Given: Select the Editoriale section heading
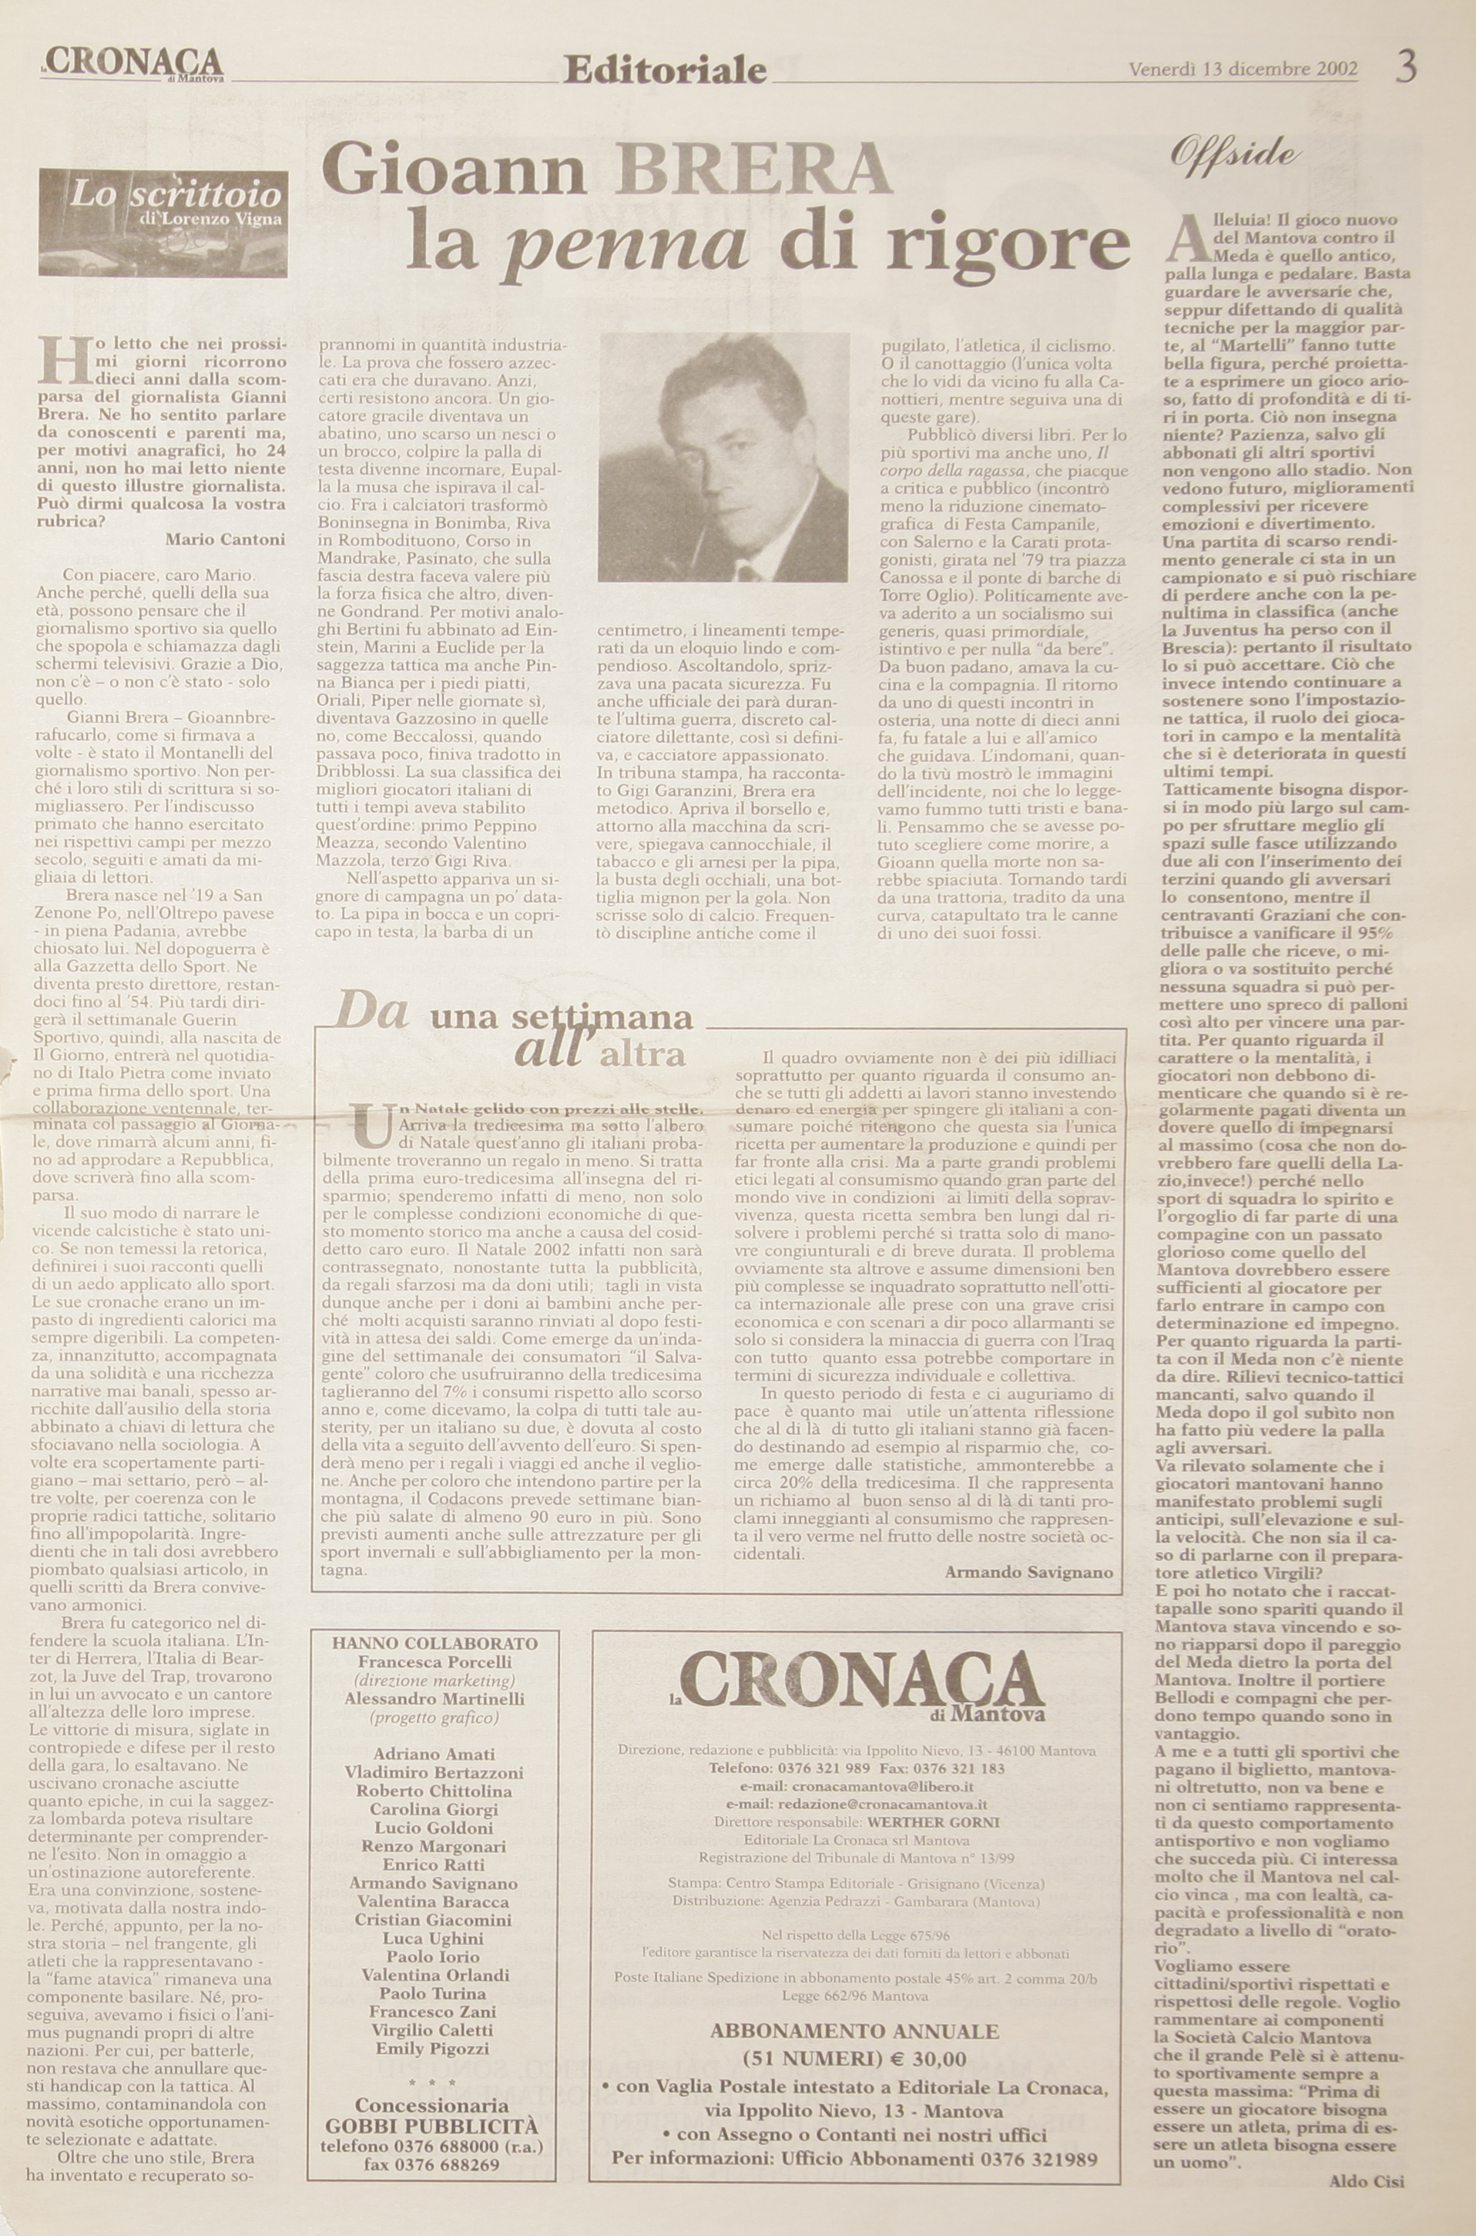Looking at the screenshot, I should pyautogui.click(x=665, y=69).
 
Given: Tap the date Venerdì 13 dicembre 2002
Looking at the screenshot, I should pyautogui.click(x=1243, y=69).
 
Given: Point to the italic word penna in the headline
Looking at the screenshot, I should pyautogui.click(x=629, y=242).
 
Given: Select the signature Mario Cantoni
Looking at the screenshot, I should pyautogui.click(x=225, y=539).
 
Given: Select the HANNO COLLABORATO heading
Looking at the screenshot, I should pyautogui.click(x=435, y=1643).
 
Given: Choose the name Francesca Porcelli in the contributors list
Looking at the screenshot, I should pyautogui.click(x=435, y=1662).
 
